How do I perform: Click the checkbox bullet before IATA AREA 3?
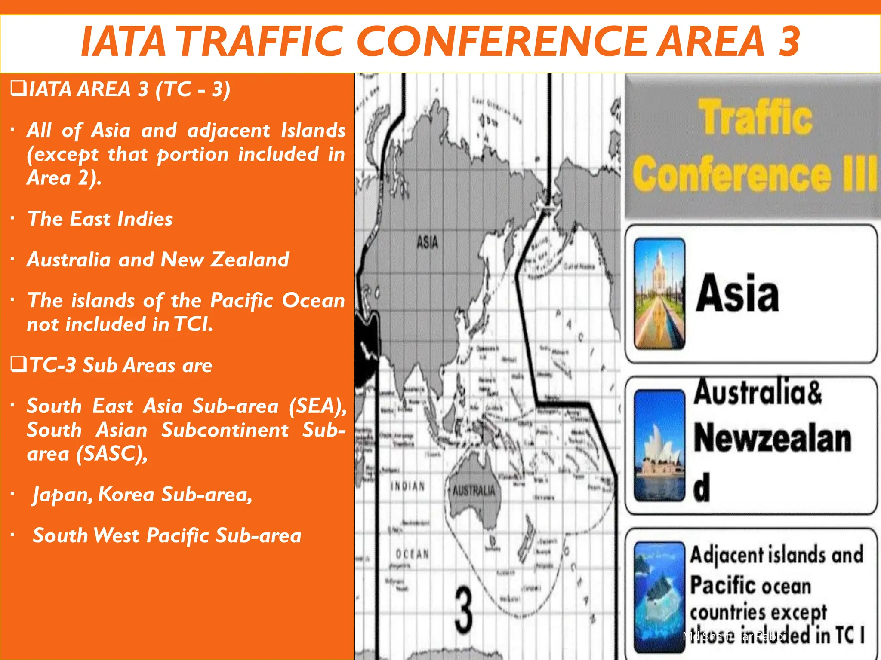click(18, 89)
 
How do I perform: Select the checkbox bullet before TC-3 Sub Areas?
click(18, 364)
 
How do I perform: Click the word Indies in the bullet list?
click(145, 219)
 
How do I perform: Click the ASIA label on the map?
click(427, 242)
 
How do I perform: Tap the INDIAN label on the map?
click(407, 486)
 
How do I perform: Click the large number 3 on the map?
click(464, 611)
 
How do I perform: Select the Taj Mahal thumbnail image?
click(659, 293)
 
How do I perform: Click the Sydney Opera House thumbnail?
click(659, 446)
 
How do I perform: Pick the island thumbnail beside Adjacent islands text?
click(659, 597)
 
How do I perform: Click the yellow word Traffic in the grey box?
click(755, 117)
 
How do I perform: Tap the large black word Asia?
click(737, 293)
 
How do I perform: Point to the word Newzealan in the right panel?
click(772, 439)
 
